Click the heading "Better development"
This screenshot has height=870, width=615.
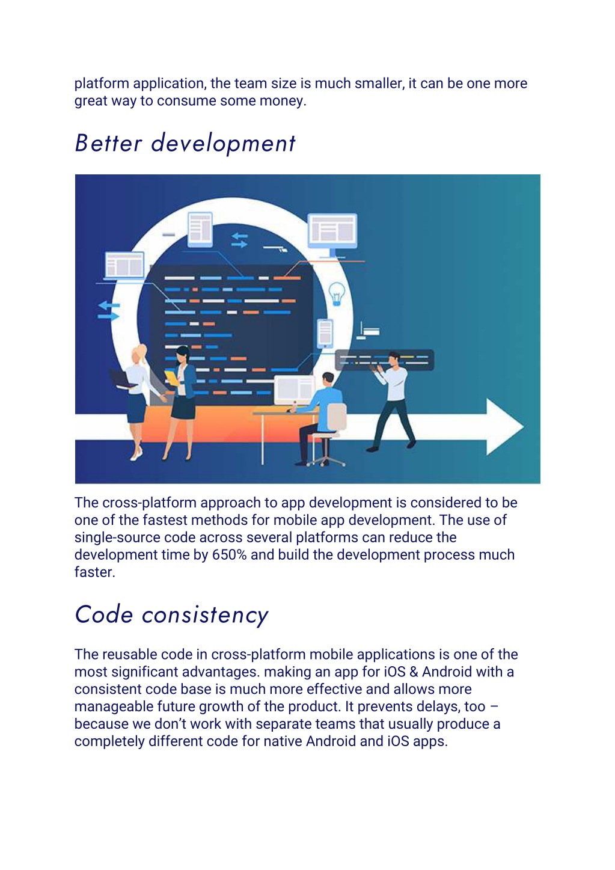click(x=185, y=143)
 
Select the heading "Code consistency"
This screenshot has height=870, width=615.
click(x=171, y=615)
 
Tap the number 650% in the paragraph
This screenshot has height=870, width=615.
click(x=229, y=555)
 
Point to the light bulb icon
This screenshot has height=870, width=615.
click(x=336, y=293)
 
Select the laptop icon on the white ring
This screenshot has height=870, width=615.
click(x=124, y=266)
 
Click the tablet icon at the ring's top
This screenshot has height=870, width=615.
click(x=200, y=229)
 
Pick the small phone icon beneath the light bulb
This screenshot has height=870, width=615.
click(x=325, y=333)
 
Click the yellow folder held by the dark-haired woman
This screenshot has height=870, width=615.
click(x=171, y=378)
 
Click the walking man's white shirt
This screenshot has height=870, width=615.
click(x=395, y=384)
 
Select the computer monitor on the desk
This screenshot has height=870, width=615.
click(x=295, y=390)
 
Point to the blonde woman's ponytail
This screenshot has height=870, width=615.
click(x=143, y=353)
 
